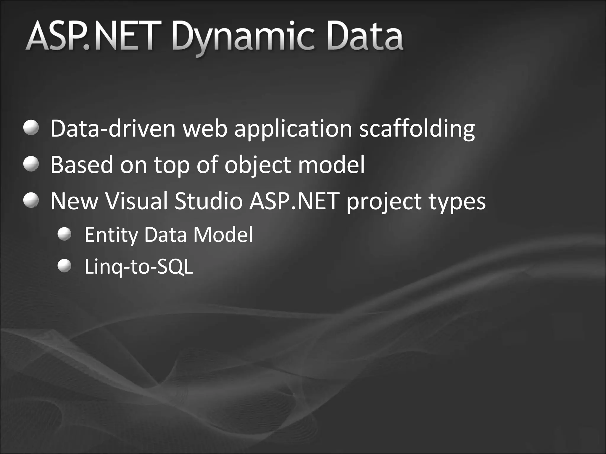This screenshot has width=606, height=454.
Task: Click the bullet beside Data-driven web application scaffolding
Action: tap(31, 128)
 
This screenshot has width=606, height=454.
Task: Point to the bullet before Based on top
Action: tap(31, 164)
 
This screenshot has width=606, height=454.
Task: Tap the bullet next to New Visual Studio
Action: tap(31, 200)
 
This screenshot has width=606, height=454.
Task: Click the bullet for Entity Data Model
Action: tap(65, 234)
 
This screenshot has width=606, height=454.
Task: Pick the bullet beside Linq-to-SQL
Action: tap(65, 266)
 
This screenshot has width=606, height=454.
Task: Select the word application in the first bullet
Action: tap(293, 129)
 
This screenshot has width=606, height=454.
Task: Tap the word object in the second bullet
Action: tap(257, 165)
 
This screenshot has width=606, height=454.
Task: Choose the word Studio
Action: tap(208, 201)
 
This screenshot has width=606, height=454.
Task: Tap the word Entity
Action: tap(111, 235)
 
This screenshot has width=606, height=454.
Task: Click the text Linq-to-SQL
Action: tap(138, 267)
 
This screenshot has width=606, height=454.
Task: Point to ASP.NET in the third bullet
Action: tap(294, 201)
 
